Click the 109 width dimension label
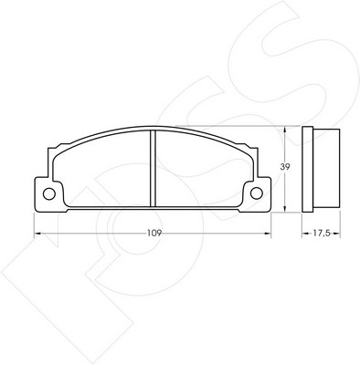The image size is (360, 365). pyautogui.click(x=154, y=234)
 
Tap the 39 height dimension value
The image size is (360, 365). pyautogui.click(x=285, y=167)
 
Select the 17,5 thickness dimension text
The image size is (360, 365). pyautogui.click(x=321, y=234)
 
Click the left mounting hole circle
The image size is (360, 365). pyautogui.click(x=49, y=193)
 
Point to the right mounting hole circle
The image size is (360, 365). pyautogui.click(x=257, y=193)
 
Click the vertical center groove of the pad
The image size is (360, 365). pyautogui.click(x=153, y=168)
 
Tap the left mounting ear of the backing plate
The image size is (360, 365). pyautogui.click(x=48, y=194)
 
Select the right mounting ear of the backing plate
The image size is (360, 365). pyautogui.click(x=257, y=194)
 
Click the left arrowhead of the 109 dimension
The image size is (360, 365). pyautogui.click(x=37, y=234)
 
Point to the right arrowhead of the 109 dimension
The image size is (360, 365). pyautogui.click(x=268, y=234)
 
